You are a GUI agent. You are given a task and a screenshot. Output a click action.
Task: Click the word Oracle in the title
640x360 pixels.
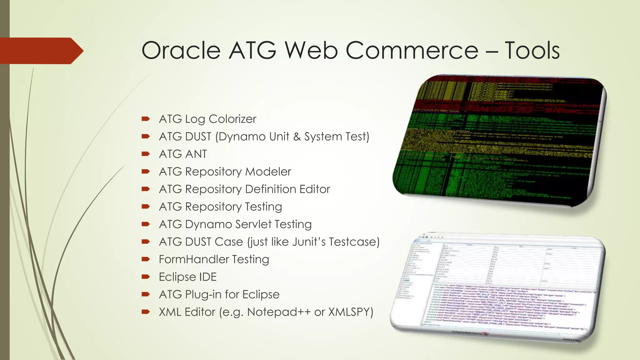(181, 51)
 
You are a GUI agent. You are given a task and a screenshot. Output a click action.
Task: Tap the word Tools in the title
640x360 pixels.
(532, 51)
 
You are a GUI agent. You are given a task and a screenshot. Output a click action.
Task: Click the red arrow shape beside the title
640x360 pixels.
(41, 51)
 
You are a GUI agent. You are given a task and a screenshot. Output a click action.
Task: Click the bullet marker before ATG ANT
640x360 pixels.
(146, 154)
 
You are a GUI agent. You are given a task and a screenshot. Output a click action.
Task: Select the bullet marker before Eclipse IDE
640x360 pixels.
(146, 277)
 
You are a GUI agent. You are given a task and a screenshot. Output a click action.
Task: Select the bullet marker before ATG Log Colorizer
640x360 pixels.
(146, 119)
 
